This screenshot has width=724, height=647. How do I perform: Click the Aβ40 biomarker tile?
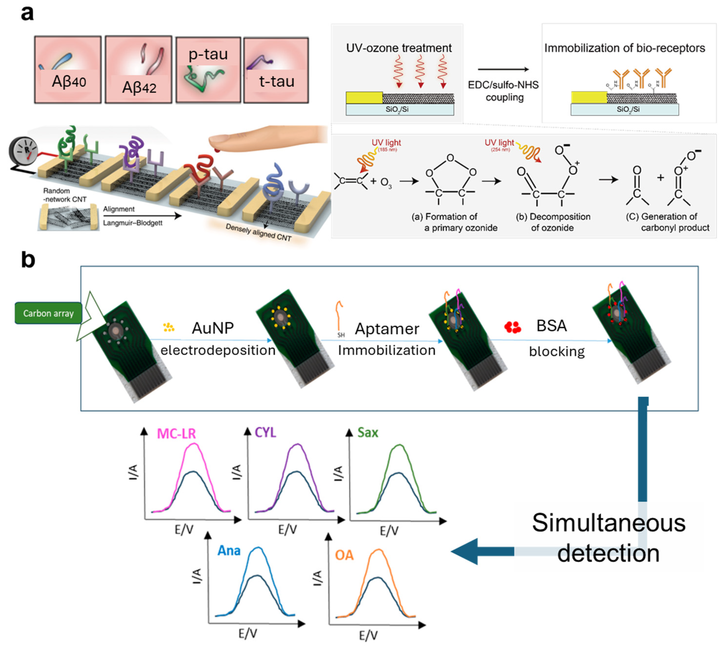pos(68,70)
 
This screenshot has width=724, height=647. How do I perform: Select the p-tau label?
pos(208,54)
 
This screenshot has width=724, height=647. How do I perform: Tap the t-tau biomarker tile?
pos(276,70)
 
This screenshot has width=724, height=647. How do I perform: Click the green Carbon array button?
pos(48,313)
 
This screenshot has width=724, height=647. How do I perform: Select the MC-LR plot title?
pos(176,434)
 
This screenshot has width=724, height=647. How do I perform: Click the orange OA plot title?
pos(344,555)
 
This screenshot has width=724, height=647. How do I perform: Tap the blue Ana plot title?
pos(229,551)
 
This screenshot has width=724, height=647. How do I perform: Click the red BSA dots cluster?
pos(512,327)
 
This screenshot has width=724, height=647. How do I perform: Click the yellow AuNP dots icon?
pos(169,327)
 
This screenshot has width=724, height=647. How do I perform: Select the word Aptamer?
pos(387,329)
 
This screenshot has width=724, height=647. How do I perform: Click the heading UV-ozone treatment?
pos(398,48)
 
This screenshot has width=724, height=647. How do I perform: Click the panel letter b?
pos(28,260)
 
